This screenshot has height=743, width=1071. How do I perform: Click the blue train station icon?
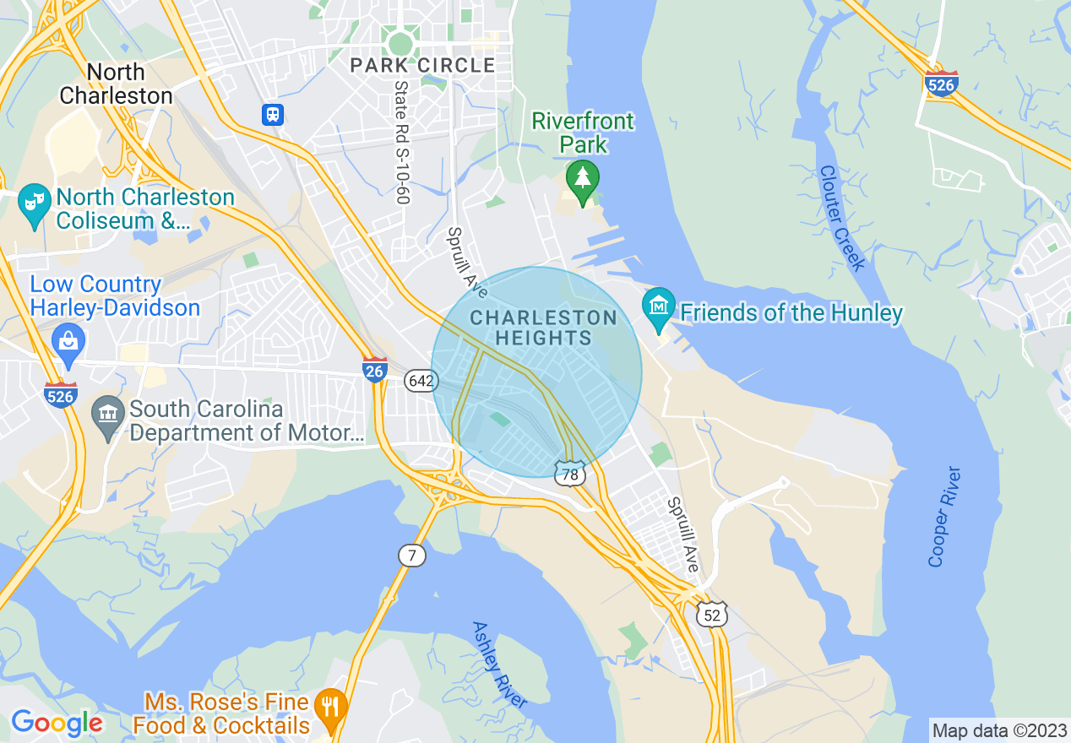coord(272,114)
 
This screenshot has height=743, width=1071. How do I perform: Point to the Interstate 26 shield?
coord(375,369)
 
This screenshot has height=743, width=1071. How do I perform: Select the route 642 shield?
coord(420,381)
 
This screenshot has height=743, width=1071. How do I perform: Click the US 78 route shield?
coord(570,475)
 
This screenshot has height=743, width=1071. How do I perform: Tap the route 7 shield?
coord(412,556)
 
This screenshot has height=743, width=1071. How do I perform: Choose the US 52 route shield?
coord(712,615)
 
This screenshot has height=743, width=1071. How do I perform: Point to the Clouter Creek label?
coord(841,218)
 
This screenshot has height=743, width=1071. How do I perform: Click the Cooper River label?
coord(944,516)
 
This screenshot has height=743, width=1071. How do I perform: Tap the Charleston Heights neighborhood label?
coord(543,328)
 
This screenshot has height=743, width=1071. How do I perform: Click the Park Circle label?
coord(422,65)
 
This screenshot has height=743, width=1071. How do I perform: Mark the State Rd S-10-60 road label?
coord(401,142)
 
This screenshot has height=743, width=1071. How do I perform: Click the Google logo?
coord(57,723)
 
